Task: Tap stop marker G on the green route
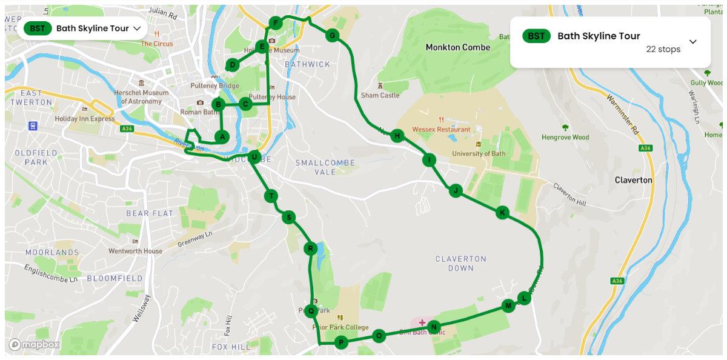point(332,36)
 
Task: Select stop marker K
point(502,212)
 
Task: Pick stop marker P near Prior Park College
point(341,343)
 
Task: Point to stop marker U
point(254,158)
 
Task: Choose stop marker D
point(232,65)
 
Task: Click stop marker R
point(310,248)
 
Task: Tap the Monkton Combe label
point(458,47)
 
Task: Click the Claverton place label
point(633,180)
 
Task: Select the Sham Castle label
point(380,95)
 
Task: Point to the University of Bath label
point(479,153)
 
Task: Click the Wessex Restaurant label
point(441,129)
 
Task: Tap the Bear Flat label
point(150,213)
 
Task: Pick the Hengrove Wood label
point(565,137)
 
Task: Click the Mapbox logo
point(35,345)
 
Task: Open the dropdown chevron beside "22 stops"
point(693,42)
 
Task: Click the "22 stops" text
point(663,49)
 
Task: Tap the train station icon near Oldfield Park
point(32,126)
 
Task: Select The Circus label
point(157,44)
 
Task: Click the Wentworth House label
point(135,251)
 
